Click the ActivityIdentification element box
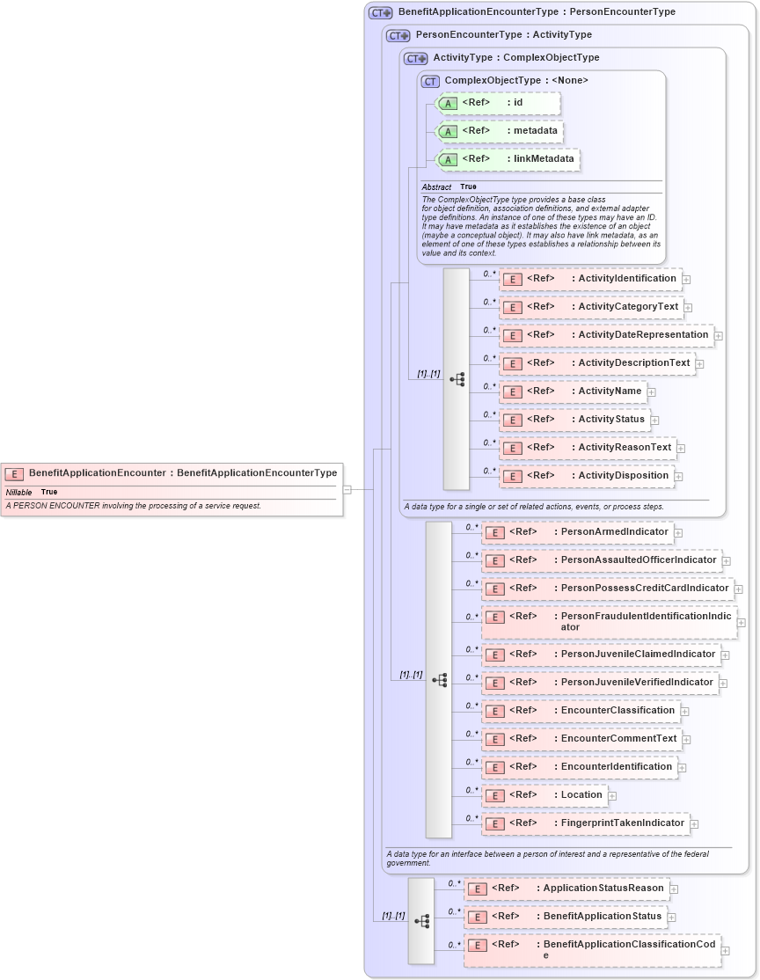pos(590,279)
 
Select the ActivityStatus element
pos(575,420)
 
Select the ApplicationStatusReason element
pos(566,889)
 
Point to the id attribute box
pos(498,103)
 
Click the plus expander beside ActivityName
pos(652,392)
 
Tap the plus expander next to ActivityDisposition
pos(679,477)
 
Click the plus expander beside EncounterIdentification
pos(683,768)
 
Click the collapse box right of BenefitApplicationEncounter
pos(347,489)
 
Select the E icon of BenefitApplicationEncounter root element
pos(14,473)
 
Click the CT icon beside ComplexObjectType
pos(430,81)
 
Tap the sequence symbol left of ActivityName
pos(457,379)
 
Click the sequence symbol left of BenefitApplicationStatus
pos(421,920)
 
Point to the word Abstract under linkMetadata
pos(436,187)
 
